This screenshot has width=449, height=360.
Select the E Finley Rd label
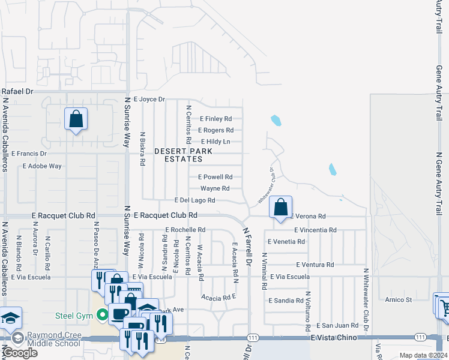click(215, 119)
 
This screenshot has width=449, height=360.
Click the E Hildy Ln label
click(215, 142)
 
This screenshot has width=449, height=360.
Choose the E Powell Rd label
click(215, 177)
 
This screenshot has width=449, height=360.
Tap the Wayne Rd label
click(215, 188)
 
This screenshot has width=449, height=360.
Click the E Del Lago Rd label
click(194, 200)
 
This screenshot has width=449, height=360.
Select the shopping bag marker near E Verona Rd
click(280, 208)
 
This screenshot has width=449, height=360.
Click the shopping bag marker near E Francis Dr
click(76, 119)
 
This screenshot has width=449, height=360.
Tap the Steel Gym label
click(76, 314)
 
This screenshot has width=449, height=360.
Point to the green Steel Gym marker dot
click(103, 314)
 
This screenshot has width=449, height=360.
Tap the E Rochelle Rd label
click(185, 230)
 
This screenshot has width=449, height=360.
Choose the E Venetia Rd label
click(286, 241)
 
